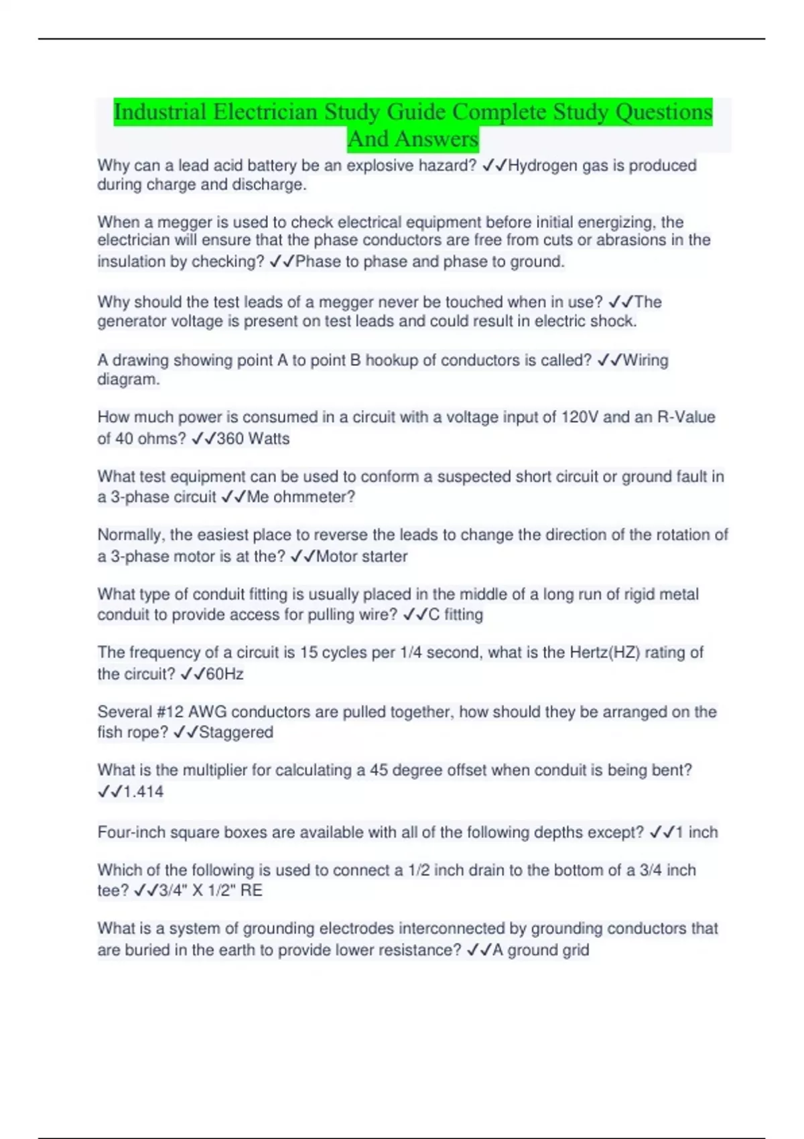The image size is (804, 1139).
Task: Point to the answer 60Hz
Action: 224,674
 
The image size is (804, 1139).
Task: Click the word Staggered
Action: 236,732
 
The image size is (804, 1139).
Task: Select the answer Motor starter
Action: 361,557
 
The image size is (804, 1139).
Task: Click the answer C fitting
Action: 455,615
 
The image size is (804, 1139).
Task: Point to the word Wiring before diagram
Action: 645,360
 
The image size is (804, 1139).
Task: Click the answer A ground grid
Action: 541,950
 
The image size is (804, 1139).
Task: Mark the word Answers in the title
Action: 436,139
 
